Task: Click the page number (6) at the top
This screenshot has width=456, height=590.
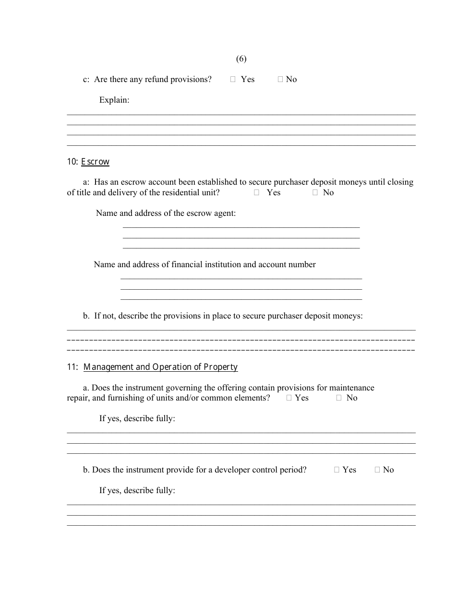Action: tap(241, 59)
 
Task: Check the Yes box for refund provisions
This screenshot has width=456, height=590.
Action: tap(233, 80)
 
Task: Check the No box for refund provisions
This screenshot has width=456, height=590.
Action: tap(280, 80)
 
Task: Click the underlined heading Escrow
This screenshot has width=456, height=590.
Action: tap(95, 162)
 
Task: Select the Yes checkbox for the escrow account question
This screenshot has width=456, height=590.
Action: tap(257, 193)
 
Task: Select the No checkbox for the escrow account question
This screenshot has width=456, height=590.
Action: tap(315, 193)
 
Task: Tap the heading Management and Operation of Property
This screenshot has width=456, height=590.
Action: tap(160, 367)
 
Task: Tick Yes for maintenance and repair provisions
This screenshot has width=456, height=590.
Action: tap(289, 398)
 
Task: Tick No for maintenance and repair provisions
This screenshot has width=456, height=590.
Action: tap(339, 398)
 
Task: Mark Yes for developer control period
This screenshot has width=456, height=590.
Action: tap(337, 470)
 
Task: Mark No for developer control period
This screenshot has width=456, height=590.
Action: tap(377, 470)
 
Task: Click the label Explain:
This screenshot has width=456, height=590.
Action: tap(114, 100)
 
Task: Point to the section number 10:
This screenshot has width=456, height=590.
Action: tap(72, 162)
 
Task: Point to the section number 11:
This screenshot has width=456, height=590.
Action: tap(72, 367)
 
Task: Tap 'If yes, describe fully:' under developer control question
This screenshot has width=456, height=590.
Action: tap(137, 491)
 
